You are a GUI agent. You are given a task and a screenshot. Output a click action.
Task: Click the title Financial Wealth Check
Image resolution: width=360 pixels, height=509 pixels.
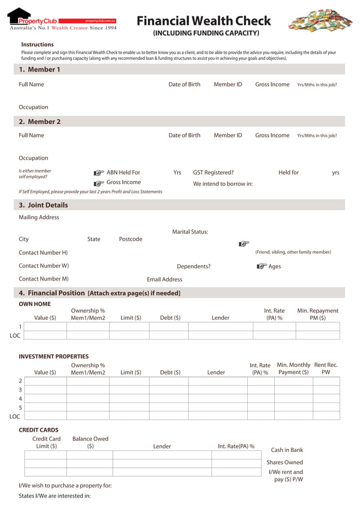[204, 21]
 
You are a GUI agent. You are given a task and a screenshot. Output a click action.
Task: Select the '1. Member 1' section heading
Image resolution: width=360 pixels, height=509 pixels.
[39, 69]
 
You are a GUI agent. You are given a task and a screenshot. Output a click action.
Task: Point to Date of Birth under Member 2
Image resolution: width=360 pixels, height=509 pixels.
[184, 135]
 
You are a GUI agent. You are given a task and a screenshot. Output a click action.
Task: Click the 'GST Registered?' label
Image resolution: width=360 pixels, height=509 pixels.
[213, 173]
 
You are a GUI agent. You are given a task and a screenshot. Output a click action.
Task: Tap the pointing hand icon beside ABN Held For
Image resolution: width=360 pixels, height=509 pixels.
[99, 173]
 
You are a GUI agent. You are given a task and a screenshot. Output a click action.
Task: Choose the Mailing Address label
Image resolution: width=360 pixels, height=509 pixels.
[39, 217]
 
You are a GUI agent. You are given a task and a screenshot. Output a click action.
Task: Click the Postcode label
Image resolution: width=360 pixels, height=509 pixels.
[130, 239]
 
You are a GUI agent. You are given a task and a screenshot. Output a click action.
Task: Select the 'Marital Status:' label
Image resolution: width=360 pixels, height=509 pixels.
[190, 232]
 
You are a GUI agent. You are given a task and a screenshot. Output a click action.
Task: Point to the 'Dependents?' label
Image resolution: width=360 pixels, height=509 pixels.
[194, 266]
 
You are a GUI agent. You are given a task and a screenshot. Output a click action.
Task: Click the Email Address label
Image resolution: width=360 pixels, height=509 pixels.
[164, 279]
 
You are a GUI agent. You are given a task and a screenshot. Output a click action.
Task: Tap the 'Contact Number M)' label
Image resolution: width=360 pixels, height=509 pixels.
[43, 279]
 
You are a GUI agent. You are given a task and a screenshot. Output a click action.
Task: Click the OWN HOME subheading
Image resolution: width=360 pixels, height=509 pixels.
[34, 304]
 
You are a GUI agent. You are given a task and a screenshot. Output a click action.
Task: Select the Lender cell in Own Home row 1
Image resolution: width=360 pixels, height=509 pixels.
[220, 326]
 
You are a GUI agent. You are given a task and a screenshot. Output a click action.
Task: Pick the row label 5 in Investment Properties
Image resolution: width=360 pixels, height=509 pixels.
[20, 407]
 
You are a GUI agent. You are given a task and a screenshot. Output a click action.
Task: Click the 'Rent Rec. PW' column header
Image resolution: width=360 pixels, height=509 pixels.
[326, 368]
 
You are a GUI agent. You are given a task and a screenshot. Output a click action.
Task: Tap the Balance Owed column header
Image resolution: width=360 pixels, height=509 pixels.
[90, 442]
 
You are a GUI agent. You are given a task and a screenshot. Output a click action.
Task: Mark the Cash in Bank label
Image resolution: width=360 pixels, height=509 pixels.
[287, 450]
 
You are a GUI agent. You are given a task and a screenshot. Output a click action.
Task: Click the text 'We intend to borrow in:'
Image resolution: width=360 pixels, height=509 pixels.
[223, 184]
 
